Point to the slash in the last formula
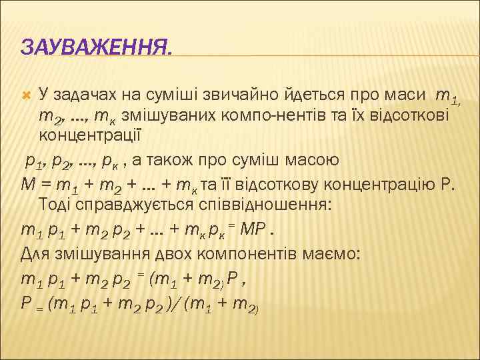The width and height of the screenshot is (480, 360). tap(175, 304)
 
